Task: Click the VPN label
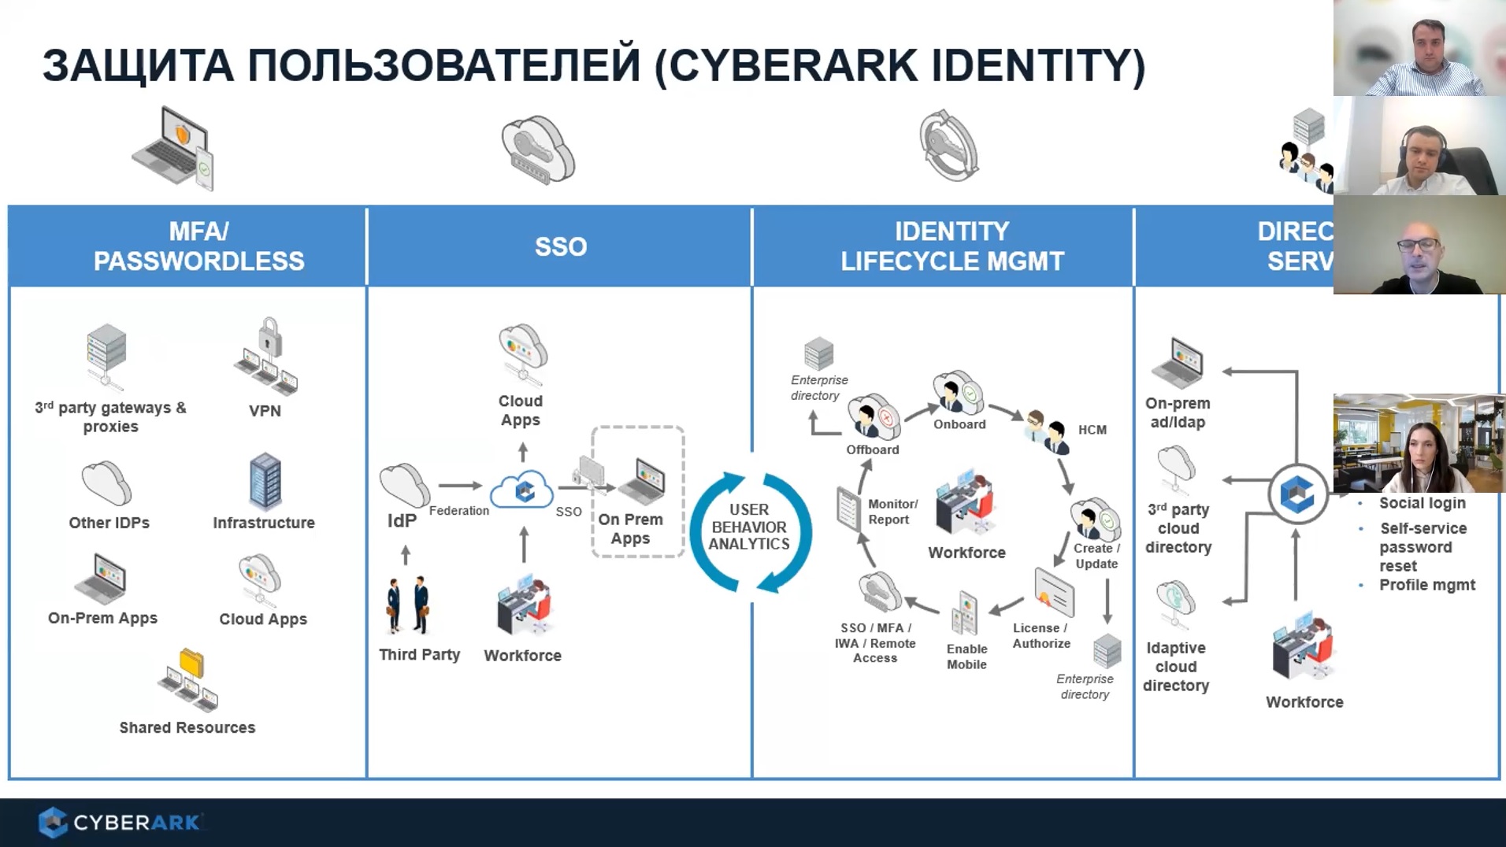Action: (x=265, y=411)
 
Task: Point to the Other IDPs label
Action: (x=109, y=523)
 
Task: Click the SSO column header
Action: (x=560, y=246)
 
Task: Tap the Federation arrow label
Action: (x=459, y=511)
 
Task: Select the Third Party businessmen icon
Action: (x=408, y=605)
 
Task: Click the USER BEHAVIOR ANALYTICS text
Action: (x=749, y=527)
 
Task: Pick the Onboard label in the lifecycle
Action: (x=959, y=424)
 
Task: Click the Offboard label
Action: (x=872, y=449)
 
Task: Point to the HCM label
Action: (x=1092, y=430)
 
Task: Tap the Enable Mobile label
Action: (x=966, y=657)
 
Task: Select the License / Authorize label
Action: (x=1041, y=635)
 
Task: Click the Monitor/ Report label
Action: (x=892, y=512)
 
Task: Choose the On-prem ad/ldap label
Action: (x=1178, y=412)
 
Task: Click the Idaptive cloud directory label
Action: (x=1176, y=667)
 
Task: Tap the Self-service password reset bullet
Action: (x=1423, y=547)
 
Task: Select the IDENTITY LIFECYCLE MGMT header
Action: (x=951, y=246)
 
